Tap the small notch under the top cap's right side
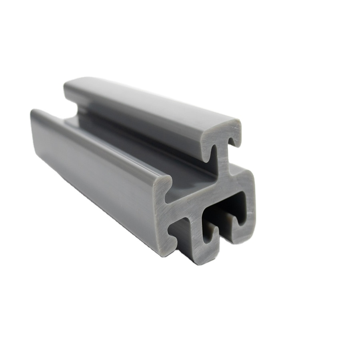(233, 143)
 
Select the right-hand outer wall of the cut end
(250, 208)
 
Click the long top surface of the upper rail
(152, 104)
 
